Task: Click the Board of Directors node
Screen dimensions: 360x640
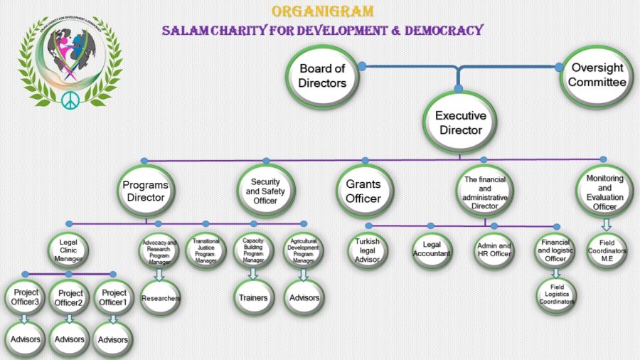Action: (322, 75)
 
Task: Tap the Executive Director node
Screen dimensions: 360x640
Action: (460, 122)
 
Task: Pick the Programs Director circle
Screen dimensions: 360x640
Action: (146, 190)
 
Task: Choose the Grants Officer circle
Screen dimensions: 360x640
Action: (363, 190)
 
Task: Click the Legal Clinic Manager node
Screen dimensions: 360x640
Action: (68, 250)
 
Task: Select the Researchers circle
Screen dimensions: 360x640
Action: (161, 298)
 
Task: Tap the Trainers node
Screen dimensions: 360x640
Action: (253, 297)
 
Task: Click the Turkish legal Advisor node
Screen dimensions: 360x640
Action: (368, 249)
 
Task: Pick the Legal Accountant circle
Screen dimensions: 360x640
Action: (432, 249)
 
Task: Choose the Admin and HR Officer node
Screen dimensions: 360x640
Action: (494, 249)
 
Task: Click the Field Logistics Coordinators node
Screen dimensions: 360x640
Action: (556, 297)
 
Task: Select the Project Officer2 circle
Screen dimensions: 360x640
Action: (70, 297)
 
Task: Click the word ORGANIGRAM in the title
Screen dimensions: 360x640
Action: (321, 12)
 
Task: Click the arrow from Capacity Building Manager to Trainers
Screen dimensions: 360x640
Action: (253, 273)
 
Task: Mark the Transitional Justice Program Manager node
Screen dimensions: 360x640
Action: (206, 249)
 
